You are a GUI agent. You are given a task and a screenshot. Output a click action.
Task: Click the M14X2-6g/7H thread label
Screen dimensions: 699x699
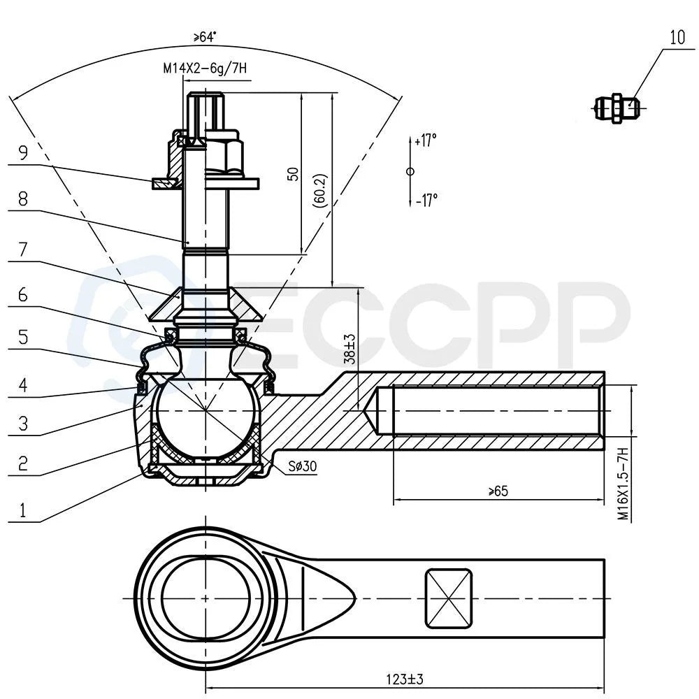click(x=205, y=69)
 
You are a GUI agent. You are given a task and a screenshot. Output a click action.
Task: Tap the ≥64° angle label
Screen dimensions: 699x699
click(x=205, y=37)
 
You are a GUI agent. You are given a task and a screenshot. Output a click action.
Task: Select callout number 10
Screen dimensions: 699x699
click(x=677, y=38)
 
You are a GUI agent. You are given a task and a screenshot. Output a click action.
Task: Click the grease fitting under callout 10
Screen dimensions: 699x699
click(x=617, y=108)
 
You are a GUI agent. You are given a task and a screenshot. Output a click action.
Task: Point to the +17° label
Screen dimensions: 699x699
click(x=426, y=140)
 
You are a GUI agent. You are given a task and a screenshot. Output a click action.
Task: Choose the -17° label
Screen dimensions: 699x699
click(x=426, y=200)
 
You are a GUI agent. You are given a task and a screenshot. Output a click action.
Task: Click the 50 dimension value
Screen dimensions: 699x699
click(x=293, y=174)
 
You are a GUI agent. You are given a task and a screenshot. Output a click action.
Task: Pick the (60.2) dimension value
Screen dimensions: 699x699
click(x=320, y=190)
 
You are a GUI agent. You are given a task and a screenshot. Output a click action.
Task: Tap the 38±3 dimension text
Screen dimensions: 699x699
click(x=350, y=349)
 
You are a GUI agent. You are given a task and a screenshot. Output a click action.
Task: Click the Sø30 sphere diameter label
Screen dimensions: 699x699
click(x=302, y=466)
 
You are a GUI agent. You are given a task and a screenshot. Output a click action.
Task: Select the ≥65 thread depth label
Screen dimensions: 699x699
click(x=498, y=491)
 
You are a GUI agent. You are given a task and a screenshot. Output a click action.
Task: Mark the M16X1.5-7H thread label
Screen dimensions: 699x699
click(x=623, y=484)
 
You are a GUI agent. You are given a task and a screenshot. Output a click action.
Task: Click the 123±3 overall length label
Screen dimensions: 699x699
click(x=404, y=679)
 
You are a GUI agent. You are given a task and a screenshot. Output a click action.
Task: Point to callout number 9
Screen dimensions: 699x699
click(x=23, y=152)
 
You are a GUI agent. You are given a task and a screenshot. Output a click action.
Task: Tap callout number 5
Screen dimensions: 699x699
click(x=23, y=337)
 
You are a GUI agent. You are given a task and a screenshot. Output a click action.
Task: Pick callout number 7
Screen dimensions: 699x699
click(x=23, y=250)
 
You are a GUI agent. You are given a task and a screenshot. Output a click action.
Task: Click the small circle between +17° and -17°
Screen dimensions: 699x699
click(x=410, y=171)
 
